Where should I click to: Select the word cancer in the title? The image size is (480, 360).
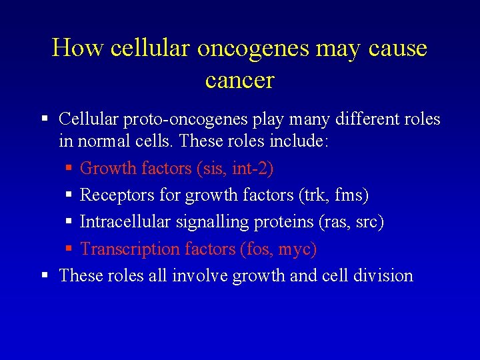coord(240,80)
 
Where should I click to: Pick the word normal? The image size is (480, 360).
coord(107,141)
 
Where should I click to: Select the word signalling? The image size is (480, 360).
coord(200,223)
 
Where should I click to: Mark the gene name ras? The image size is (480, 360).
coord(334,223)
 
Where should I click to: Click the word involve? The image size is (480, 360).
coord(200,275)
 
